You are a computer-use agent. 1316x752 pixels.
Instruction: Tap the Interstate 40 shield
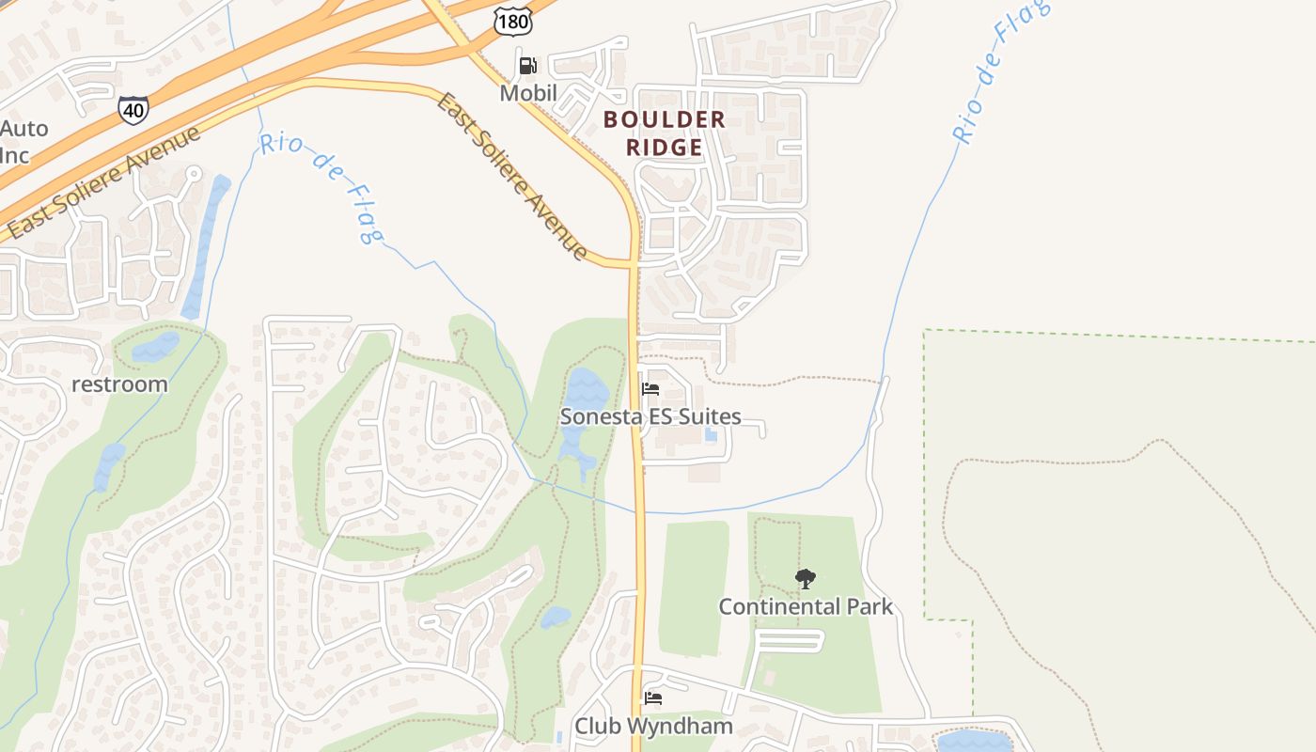click(x=133, y=109)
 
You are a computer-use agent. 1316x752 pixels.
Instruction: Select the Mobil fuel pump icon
click(x=528, y=65)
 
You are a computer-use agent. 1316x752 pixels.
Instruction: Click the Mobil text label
click(x=528, y=93)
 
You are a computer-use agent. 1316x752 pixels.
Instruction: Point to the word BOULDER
click(x=665, y=119)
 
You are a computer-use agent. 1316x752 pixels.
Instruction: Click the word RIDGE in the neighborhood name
click(x=666, y=148)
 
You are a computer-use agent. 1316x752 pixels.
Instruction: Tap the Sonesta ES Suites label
click(x=650, y=416)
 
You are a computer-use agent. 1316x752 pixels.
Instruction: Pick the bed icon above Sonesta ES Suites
click(x=650, y=389)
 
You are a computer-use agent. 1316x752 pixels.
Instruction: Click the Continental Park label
click(x=806, y=606)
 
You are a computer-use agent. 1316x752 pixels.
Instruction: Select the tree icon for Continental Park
click(x=806, y=579)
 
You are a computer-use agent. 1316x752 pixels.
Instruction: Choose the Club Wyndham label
click(x=653, y=726)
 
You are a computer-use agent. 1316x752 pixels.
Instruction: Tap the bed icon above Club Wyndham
click(x=652, y=698)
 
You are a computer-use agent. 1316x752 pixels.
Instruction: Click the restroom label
click(x=120, y=384)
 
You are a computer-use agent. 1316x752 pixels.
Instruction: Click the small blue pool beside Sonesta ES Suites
click(x=711, y=435)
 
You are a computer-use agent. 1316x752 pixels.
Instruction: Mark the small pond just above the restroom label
click(x=154, y=348)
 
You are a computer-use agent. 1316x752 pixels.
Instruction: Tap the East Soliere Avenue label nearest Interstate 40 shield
click(x=103, y=181)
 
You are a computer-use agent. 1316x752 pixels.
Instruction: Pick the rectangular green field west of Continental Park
click(x=694, y=587)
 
